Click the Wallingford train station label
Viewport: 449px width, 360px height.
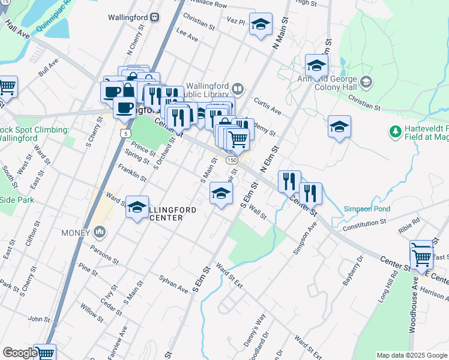128,17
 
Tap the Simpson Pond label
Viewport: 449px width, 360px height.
367,209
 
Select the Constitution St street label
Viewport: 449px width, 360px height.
364,225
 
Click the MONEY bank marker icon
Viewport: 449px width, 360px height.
100,232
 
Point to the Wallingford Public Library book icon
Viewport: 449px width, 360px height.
238,89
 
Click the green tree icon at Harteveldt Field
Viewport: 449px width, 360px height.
395,130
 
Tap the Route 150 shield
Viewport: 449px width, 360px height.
232,160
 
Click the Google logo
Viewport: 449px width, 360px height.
19,353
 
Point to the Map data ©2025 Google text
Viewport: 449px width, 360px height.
411,355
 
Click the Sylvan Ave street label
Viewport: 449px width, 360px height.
173,284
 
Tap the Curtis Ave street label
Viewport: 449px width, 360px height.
267,107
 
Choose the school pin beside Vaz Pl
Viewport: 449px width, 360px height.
260,25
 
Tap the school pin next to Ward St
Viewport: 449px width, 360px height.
137,208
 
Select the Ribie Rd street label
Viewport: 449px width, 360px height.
408,230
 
